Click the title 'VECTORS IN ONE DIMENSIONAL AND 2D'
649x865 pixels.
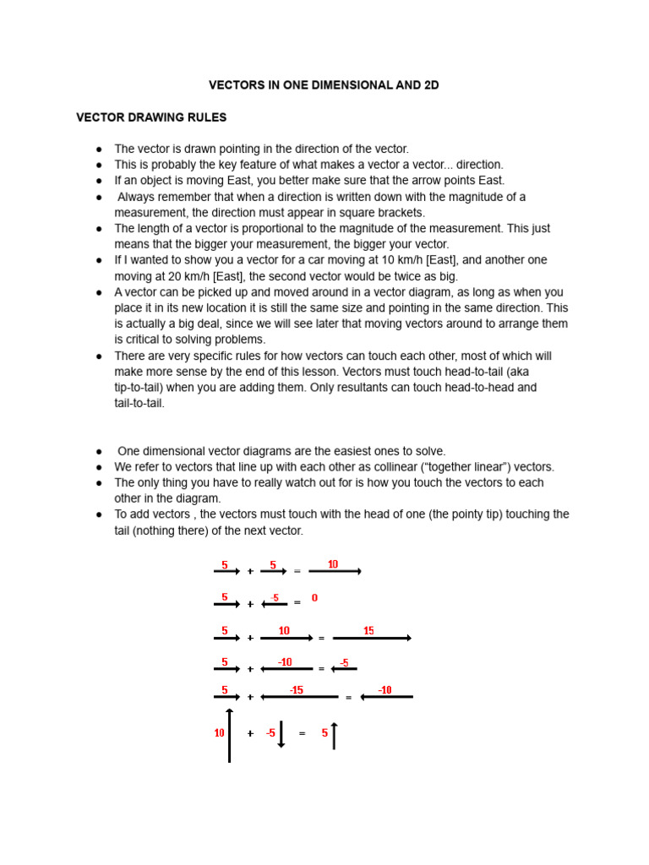click(x=324, y=85)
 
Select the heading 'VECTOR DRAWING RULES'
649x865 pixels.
click(x=151, y=117)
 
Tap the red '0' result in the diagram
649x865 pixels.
click(x=314, y=598)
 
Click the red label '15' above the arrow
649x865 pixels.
click(x=368, y=631)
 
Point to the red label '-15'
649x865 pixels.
click(x=296, y=690)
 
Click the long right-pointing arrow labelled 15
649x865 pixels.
click(x=372, y=639)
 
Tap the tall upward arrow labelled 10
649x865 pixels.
click(x=229, y=735)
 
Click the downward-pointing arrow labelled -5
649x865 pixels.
click(x=281, y=734)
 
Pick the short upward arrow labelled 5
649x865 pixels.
click(x=334, y=736)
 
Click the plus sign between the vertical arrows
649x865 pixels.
click(x=250, y=733)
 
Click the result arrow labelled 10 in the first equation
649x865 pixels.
click(x=335, y=572)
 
